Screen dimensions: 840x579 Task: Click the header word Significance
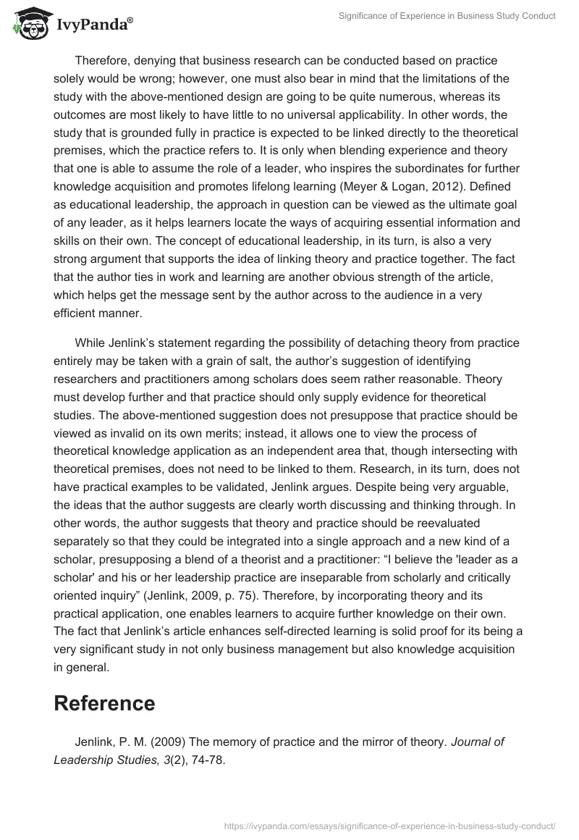pos(368,16)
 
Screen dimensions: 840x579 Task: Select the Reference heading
pos(104,703)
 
